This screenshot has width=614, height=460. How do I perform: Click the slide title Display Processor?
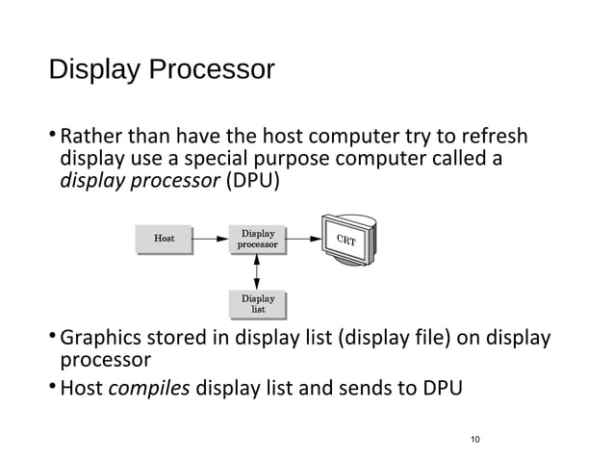coord(161,70)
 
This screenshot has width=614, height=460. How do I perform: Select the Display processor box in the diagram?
coord(258,239)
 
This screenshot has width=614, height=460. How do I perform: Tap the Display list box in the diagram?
coord(258,303)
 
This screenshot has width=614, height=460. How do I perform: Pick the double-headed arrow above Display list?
coord(258,270)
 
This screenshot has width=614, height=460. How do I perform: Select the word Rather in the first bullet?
coord(90,136)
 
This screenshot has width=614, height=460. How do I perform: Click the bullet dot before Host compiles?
coord(52,389)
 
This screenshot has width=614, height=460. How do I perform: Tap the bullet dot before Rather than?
coord(52,136)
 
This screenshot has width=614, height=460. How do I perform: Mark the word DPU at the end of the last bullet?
coord(440,389)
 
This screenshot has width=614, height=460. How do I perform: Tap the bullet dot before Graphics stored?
coord(52,338)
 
